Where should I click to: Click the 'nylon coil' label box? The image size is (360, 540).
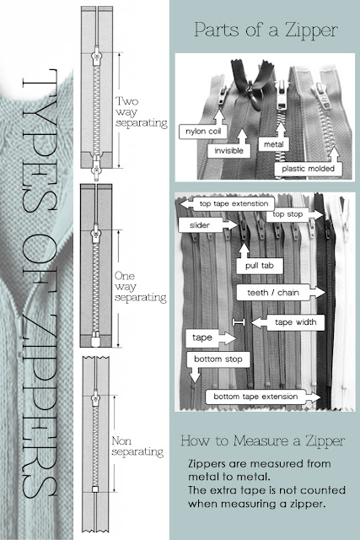[203, 132]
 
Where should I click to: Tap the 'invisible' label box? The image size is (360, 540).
[228, 150]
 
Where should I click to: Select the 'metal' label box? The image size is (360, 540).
[274, 144]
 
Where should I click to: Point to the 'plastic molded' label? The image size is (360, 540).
[309, 169]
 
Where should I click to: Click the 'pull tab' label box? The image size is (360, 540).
[260, 266]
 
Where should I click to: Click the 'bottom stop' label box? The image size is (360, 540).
[218, 359]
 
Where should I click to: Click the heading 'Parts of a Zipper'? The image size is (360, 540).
[266, 30]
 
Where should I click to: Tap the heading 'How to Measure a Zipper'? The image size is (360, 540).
[262, 440]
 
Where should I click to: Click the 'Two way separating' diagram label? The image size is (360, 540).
[141, 112]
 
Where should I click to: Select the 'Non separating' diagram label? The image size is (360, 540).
[137, 446]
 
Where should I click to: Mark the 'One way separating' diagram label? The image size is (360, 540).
[141, 287]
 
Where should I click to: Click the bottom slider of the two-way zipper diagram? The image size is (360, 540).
[96, 167]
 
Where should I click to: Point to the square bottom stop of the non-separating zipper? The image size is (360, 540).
[95, 489]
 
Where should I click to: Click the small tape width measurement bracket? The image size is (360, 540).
[239, 322]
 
